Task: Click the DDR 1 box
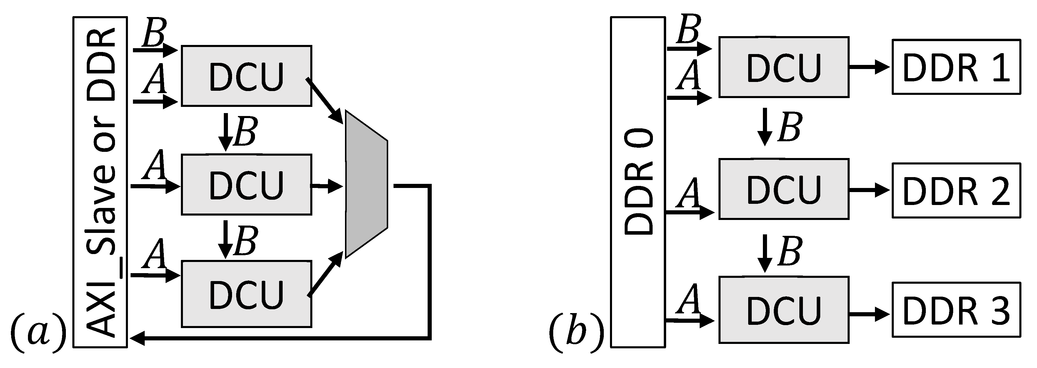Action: (956, 67)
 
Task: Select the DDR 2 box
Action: (956, 190)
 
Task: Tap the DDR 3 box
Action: (956, 310)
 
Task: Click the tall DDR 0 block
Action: (638, 182)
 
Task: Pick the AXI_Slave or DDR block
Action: (100, 182)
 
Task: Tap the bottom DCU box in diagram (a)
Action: (246, 294)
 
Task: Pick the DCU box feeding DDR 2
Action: (784, 189)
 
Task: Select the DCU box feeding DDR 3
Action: (784, 310)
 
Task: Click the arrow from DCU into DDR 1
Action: (870, 67)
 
